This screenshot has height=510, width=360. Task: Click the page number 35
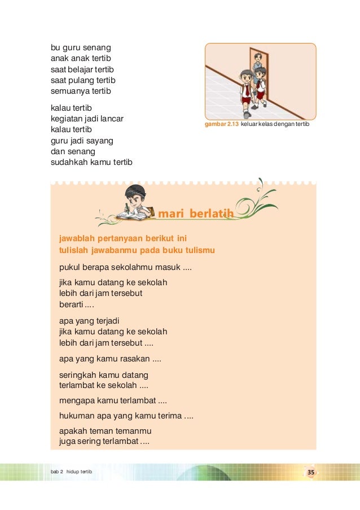(310, 472)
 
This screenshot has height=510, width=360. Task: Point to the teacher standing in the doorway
(258, 66)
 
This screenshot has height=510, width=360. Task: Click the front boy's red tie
(247, 90)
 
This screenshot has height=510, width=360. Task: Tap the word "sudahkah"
(69, 162)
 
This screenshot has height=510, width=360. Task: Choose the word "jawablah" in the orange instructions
(76, 238)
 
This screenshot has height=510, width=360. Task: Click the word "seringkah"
(78, 375)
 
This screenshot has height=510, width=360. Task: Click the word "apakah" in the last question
(72, 431)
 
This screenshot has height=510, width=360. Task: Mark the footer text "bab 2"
(56, 472)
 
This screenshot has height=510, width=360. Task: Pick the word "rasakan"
(134, 358)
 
